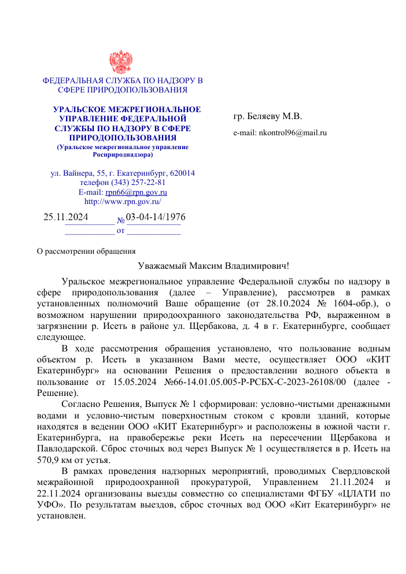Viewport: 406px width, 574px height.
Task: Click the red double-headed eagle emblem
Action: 121,62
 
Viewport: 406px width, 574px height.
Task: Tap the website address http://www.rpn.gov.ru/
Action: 123,202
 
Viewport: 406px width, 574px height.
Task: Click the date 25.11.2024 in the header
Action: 66,217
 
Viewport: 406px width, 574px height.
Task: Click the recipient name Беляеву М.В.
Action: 275,116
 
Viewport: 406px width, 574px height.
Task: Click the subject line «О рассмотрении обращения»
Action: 86,251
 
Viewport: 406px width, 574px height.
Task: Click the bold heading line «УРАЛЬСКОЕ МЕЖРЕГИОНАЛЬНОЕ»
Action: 127,109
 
